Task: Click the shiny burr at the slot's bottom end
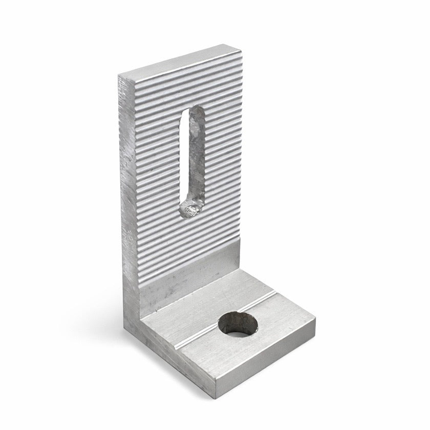pos(191,209)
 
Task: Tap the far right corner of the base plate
pos(314,320)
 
